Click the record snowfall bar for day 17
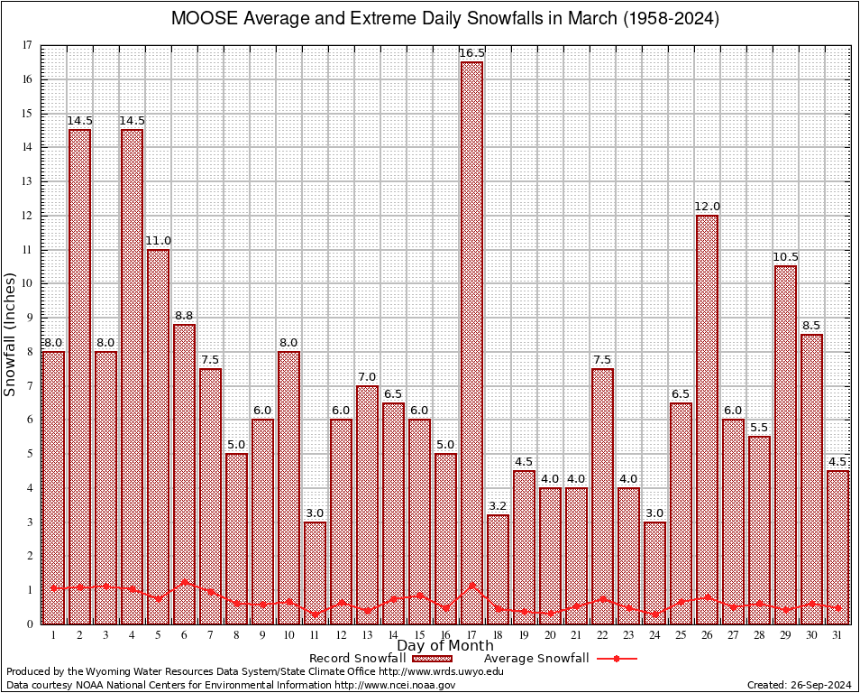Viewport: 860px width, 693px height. click(x=471, y=343)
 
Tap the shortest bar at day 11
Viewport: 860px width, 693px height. click(x=315, y=573)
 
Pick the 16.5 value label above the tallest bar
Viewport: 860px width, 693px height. click(x=471, y=53)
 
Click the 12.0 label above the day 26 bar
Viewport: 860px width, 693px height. click(x=707, y=207)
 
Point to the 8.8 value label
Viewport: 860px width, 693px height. click(x=184, y=316)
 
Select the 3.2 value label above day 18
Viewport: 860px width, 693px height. click(x=498, y=506)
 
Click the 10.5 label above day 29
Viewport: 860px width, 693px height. click(x=785, y=257)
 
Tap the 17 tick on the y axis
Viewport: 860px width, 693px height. click(x=28, y=45)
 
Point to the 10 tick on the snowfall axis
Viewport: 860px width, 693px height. click(x=28, y=283)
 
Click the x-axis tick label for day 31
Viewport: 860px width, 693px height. click(x=837, y=634)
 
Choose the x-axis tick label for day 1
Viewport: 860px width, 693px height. click(x=53, y=634)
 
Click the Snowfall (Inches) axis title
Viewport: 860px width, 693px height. click(x=11, y=334)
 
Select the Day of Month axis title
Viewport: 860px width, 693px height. click(x=444, y=646)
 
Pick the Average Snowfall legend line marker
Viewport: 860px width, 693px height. click(x=617, y=659)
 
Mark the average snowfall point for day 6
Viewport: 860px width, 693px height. click(x=184, y=582)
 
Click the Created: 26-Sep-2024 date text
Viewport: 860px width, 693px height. click(x=800, y=685)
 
